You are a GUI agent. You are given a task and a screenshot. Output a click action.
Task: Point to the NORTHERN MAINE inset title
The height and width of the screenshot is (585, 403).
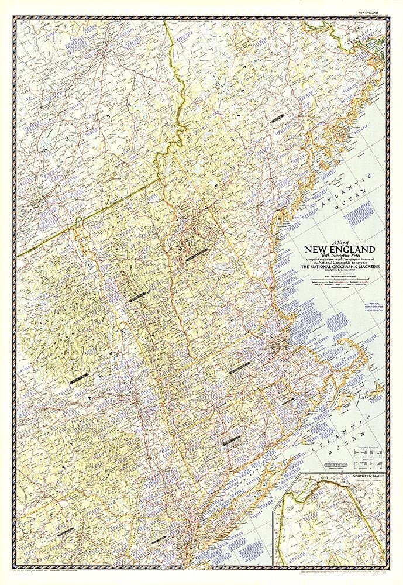368,477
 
